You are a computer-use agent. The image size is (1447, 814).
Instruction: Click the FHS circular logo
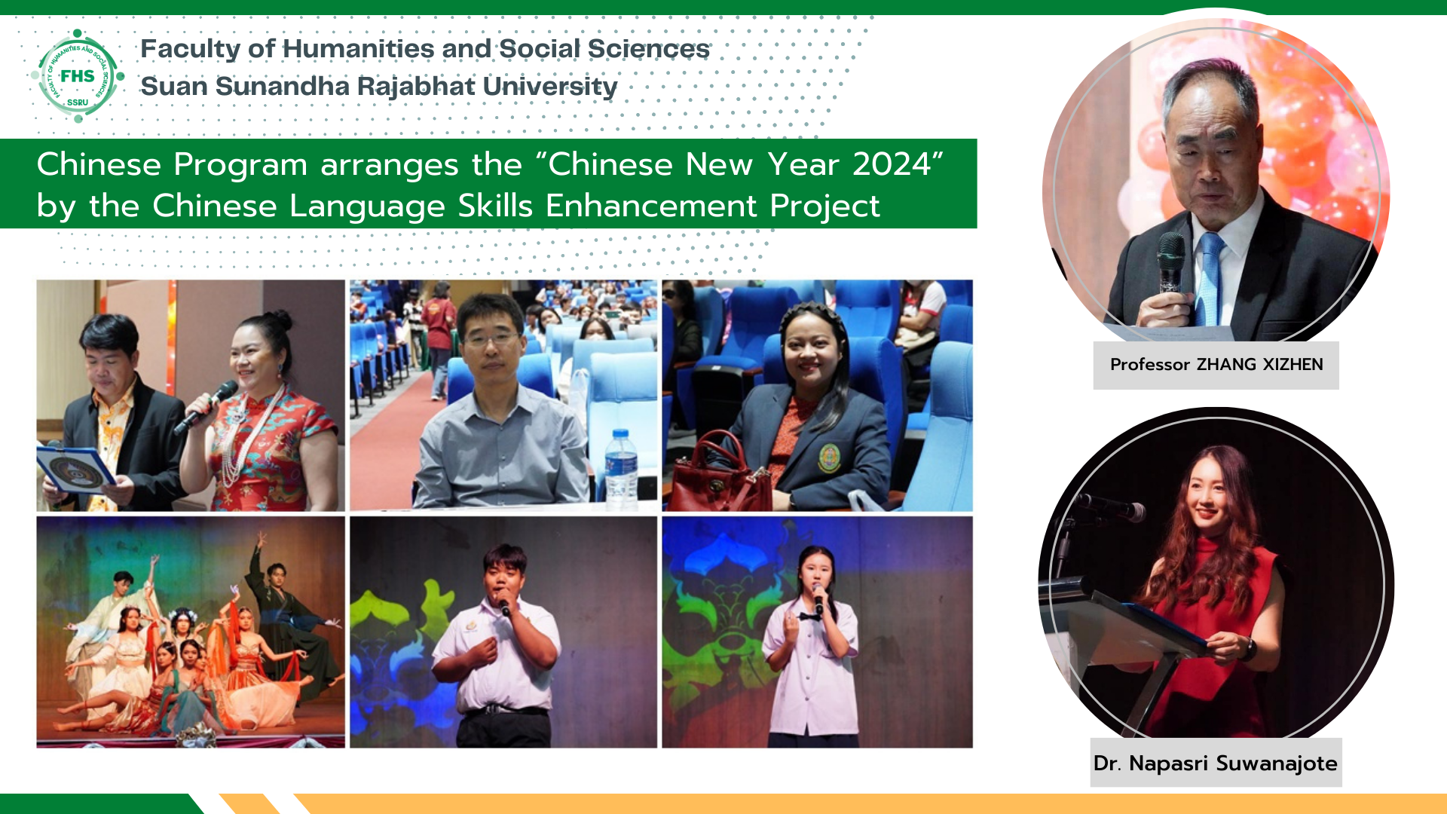coord(78,75)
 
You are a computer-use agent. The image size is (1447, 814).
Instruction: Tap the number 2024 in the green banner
coord(892,164)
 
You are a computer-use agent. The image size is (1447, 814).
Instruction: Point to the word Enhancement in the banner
coord(651,206)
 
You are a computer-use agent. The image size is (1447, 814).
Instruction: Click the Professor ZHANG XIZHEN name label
coord(1216,365)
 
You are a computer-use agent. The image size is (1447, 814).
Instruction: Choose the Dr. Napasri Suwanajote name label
coord(1216,763)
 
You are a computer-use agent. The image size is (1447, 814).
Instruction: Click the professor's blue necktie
coord(1210,279)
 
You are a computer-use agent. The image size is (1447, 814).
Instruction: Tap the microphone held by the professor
coord(1170,264)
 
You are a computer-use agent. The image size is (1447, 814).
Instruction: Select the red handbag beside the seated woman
coord(719,475)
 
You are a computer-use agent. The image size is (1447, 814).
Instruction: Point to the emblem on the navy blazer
coord(829,457)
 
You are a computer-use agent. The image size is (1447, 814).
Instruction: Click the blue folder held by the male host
coord(75,470)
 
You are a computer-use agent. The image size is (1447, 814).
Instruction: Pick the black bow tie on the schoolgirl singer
coord(809,617)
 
